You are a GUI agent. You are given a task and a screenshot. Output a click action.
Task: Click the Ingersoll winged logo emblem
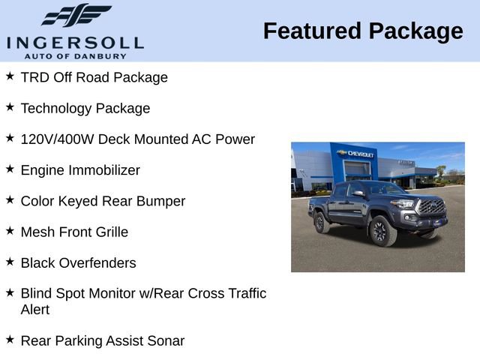point(76,15)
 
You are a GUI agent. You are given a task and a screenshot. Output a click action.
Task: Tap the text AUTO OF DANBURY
point(75,55)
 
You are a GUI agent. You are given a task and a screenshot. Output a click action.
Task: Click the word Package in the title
point(418,31)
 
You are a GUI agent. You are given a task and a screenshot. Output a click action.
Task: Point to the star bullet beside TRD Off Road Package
point(10,76)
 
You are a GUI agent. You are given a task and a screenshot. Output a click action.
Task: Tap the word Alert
point(35,310)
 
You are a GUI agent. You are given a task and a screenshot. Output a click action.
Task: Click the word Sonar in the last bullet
point(165,340)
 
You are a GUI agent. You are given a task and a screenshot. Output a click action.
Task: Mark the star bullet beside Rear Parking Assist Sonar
point(10,339)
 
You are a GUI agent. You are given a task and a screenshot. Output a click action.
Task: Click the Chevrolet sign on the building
point(356,154)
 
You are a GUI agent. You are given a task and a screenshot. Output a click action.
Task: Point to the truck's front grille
point(431,208)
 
